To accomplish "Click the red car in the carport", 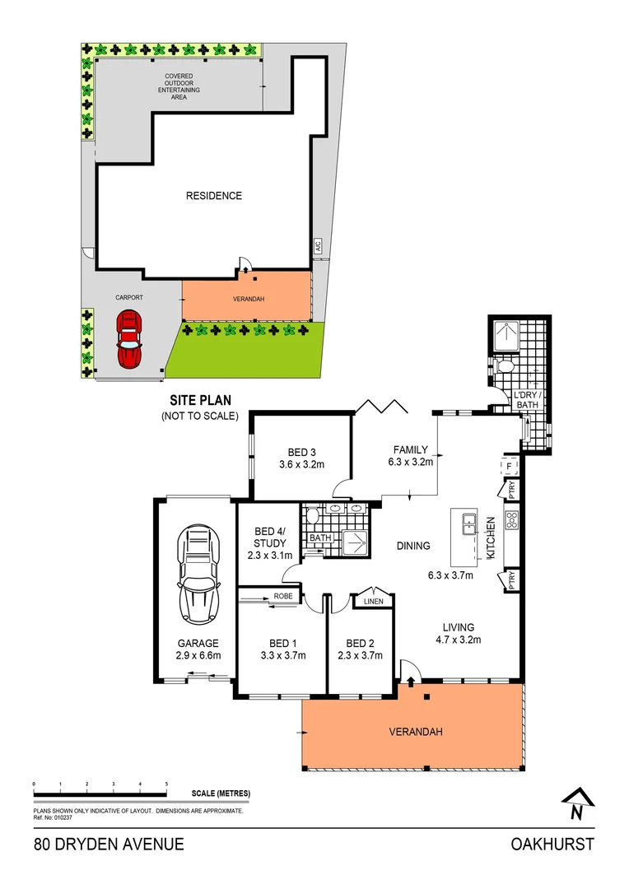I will click(x=128, y=338).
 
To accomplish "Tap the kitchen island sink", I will click(x=468, y=522).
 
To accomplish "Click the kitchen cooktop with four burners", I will click(x=510, y=519).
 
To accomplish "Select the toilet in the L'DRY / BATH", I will click(x=504, y=365).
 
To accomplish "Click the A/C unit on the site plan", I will click(x=317, y=247).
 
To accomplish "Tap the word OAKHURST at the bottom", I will click(x=552, y=844).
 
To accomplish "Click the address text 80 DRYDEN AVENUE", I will click(x=109, y=844).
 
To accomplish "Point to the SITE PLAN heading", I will click(x=199, y=401).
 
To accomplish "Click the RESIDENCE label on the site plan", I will click(x=213, y=196).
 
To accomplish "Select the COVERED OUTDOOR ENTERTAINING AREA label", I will click(x=179, y=86).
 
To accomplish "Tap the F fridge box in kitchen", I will click(x=510, y=467).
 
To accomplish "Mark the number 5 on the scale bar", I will click(x=166, y=784).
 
